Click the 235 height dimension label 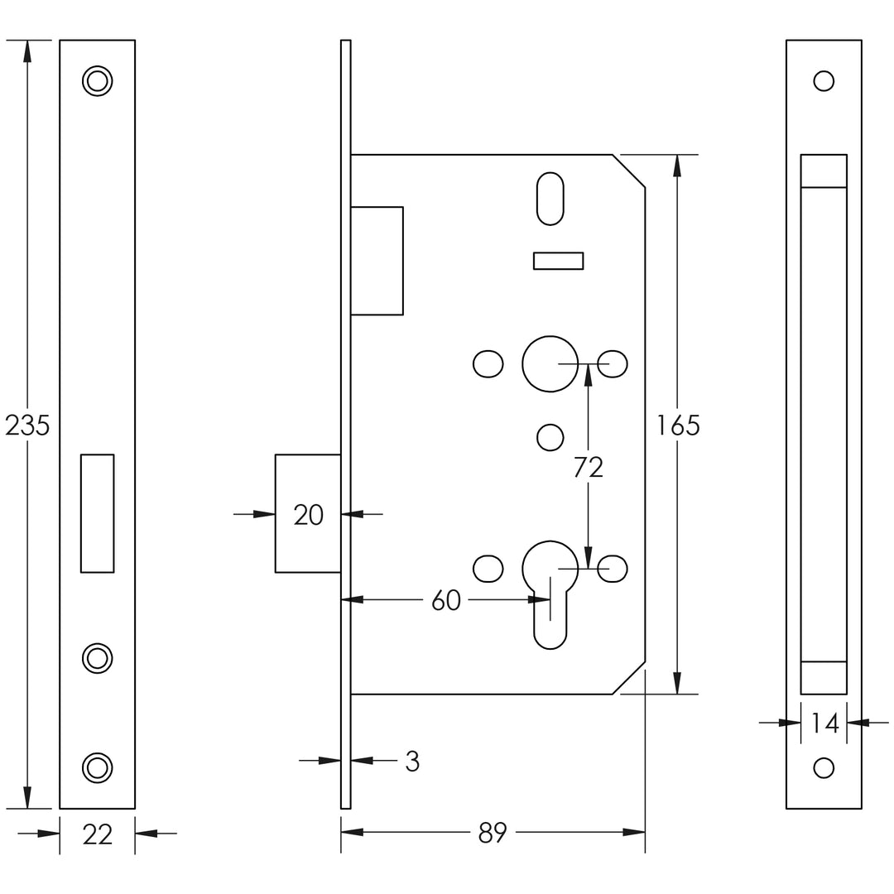click(x=27, y=425)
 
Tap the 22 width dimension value click(x=98, y=834)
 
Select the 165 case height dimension click(x=678, y=425)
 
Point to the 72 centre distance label click(x=589, y=468)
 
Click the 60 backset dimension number click(x=446, y=600)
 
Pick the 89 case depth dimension click(x=493, y=833)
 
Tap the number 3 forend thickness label click(x=412, y=762)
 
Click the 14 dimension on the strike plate click(x=824, y=723)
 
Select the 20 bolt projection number click(x=309, y=515)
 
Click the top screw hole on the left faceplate click(x=98, y=81)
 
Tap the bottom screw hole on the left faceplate click(x=98, y=767)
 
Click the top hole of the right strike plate click(x=824, y=81)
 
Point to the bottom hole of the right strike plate click(x=824, y=767)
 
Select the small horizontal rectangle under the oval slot click(x=558, y=261)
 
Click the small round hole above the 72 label click(x=550, y=437)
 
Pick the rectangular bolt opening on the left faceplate click(x=98, y=513)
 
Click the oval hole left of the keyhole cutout click(x=488, y=569)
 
